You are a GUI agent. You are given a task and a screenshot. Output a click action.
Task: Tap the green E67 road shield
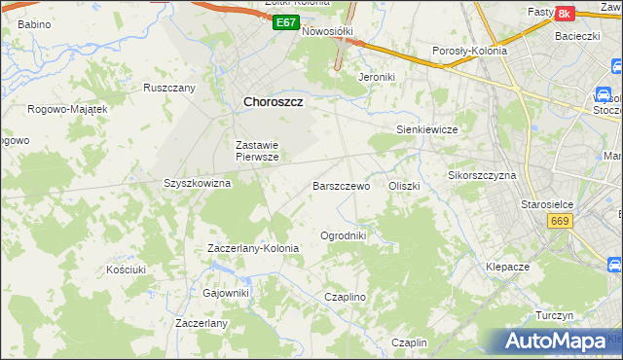285,22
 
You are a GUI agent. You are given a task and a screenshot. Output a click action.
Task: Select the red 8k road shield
563,14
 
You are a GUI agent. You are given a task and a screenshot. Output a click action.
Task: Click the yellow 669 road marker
559,222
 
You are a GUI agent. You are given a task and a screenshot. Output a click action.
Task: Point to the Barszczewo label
341,185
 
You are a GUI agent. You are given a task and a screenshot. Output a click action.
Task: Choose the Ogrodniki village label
343,235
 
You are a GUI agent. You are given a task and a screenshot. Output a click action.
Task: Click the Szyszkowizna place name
197,183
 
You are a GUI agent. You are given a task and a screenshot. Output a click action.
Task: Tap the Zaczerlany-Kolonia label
253,248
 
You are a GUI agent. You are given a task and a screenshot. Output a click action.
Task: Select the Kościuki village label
127,269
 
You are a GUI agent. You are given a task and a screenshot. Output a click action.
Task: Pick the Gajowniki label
226,293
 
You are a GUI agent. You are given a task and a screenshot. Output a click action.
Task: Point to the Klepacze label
507,266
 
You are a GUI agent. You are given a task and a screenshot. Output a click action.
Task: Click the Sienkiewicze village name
426,128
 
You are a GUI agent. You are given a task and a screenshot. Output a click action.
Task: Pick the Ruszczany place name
169,87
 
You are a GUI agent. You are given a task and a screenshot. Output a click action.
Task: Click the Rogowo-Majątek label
67,109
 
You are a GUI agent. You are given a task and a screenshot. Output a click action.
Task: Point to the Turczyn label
555,316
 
